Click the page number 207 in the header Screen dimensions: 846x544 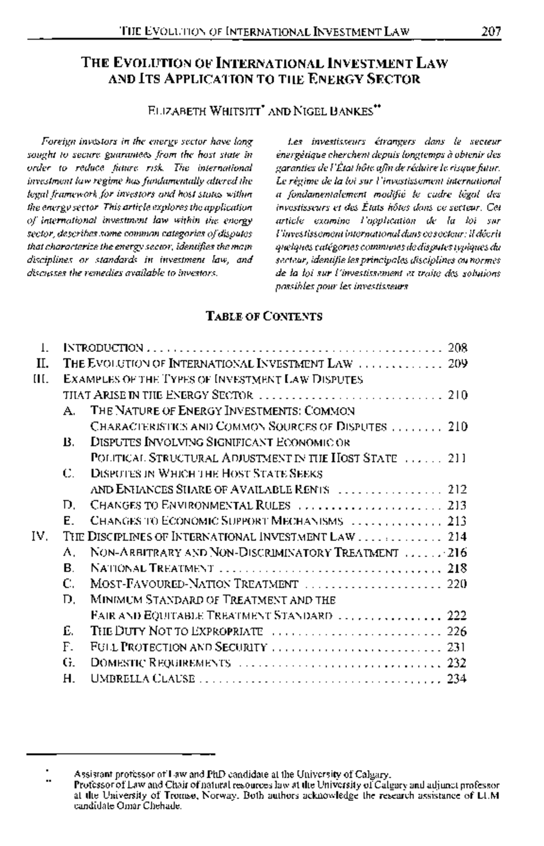click(491, 32)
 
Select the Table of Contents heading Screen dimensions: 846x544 click(264, 316)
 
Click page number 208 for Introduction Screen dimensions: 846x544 click(457, 348)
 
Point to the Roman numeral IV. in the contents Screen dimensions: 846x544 click(39, 537)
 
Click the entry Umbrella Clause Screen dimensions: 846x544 click(143, 679)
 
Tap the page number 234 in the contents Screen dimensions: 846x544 click(457, 679)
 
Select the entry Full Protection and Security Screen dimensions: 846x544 click(179, 647)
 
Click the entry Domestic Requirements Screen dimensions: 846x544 click(161, 663)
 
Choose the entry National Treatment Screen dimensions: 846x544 click(152, 568)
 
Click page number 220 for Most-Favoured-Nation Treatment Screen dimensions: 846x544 click(457, 584)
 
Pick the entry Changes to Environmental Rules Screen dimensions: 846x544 click(190, 505)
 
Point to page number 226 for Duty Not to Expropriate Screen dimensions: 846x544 click(457, 631)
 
